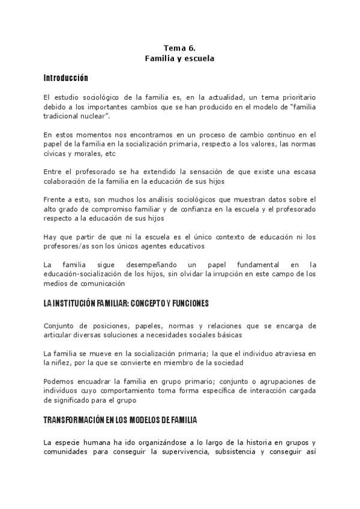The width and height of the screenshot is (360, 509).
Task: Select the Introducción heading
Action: pyautogui.click(x=66, y=78)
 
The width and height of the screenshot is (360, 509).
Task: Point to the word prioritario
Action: pyautogui.click(x=295, y=97)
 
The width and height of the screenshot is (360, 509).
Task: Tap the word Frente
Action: pyautogui.click(x=55, y=199)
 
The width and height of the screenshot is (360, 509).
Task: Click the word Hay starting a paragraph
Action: pyautogui.click(x=50, y=236)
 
